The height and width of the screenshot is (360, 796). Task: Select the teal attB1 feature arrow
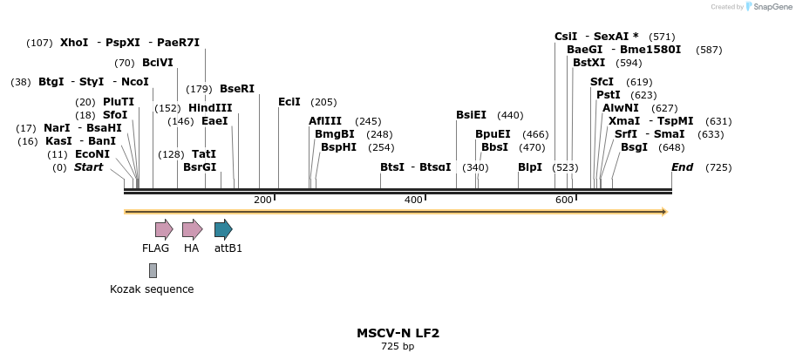tap(223, 229)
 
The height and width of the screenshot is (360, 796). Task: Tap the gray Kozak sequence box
tap(153, 270)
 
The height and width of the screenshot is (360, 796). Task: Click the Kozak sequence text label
tap(152, 289)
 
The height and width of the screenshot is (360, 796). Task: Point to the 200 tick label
tap(262, 200)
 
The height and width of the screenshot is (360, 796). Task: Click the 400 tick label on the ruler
tap(413, 200)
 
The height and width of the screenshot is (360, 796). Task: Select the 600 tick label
tap(564, 200)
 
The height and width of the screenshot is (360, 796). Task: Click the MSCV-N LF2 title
tap(398, 333)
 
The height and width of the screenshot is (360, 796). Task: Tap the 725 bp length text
tap(398, 347)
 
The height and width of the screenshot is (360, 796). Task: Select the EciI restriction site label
tap(289, 102)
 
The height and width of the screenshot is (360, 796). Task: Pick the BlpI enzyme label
tap(530, 167)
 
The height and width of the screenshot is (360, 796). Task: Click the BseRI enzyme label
tap(237, 89)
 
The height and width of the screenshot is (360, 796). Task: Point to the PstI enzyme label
tap(609, 95)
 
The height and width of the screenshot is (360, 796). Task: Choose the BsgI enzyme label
tap(634, 147)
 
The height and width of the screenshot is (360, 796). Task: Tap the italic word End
tap(682, 167)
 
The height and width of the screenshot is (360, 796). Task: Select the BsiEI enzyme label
tap(472, 115)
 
